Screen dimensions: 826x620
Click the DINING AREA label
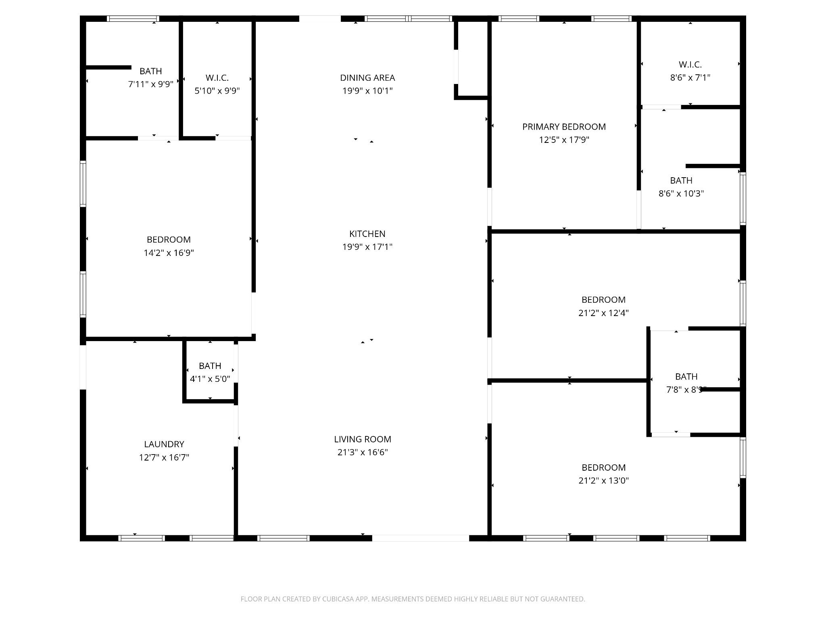pos(367,77)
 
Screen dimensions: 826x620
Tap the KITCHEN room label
pos(367,234)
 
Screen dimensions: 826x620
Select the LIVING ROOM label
pos(363,439)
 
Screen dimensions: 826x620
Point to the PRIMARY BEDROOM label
pos(564,127)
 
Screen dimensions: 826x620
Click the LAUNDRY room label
pos(164,444)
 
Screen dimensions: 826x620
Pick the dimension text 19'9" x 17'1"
pos(367,247)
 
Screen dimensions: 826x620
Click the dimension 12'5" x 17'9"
pos(564,140)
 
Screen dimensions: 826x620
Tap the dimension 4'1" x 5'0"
pos(210,379)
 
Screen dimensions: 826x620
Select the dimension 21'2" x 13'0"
pos(604,481)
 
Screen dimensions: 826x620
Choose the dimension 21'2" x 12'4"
pos(604,313)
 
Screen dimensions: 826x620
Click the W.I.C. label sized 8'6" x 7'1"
pos(690,65)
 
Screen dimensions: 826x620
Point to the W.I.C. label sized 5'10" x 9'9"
pos(217,78)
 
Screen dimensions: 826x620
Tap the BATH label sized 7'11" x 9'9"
pos(151,71)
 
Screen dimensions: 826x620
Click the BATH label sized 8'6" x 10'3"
pos(681,180)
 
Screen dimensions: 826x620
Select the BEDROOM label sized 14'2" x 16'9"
pos(169,240)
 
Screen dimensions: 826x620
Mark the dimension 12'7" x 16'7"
pos(164,457)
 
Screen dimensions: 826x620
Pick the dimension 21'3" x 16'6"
pos(363,452)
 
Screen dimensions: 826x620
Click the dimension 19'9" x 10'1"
pos(367,90)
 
